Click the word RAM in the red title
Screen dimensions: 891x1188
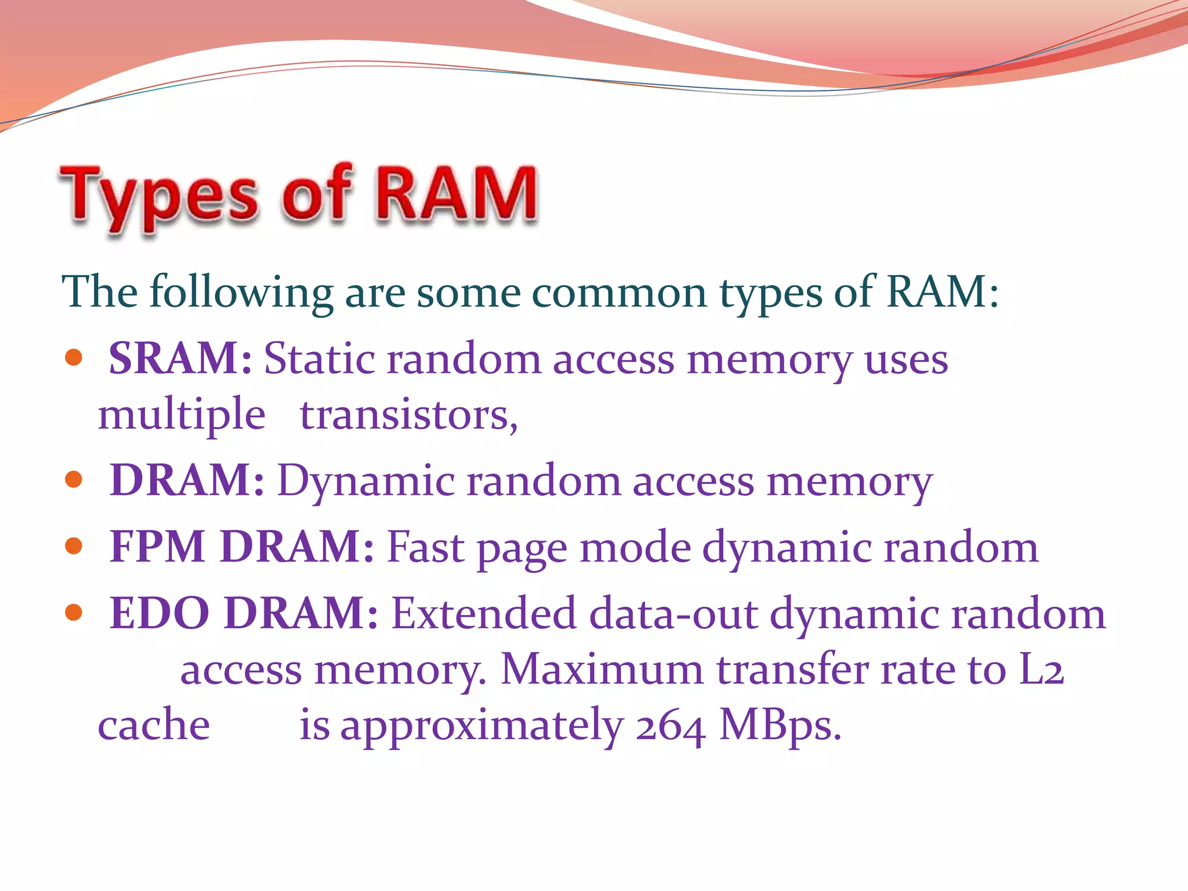click(457, 194)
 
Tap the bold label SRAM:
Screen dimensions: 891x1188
click(180, 358)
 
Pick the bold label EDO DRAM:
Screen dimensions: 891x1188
click(244, 613)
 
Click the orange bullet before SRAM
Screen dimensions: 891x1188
click(74, 357)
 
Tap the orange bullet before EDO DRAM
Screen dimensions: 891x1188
click(74, 612)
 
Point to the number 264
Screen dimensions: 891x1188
click(671, 726)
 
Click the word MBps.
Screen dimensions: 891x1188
click(780, 726)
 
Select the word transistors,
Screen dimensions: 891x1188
click(408, 415)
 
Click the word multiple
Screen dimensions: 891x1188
click(182, 415)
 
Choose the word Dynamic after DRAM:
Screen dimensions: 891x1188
click(366, 481)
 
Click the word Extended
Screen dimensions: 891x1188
click(484, 613)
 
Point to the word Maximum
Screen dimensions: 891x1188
click(602, 669)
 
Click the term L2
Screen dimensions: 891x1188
click(1041, 669)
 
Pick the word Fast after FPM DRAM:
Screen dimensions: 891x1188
click(426, 546)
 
